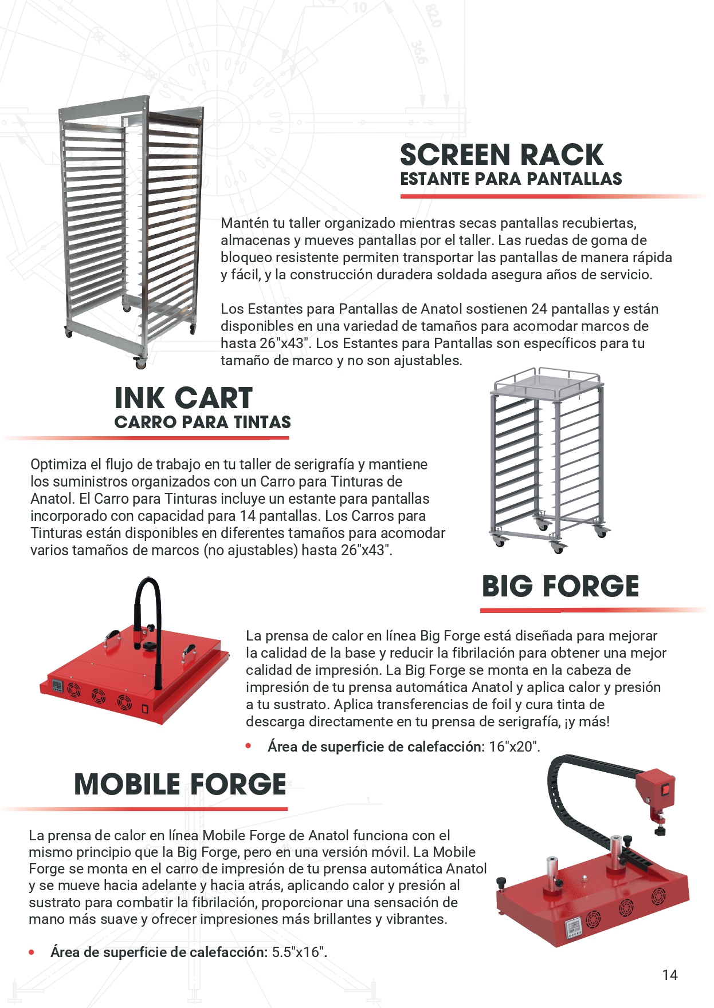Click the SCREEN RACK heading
click(501, 155)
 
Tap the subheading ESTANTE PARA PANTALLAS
click(511, 179)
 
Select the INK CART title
click(183, 398)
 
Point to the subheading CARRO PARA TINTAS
click(203, 422)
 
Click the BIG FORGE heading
click(560, 586)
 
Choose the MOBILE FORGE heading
click(180, 784)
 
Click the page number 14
click(670, 975)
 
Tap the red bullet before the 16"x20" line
click(249, 746)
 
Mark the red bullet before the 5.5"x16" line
click(32, 952)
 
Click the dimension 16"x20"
click(514, 746)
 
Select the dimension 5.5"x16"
click(299, 952)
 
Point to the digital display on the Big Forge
click(58, 685)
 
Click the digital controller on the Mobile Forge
click(574, 927)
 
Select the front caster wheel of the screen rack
click(140, 362)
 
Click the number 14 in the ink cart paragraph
click(248, 516)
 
